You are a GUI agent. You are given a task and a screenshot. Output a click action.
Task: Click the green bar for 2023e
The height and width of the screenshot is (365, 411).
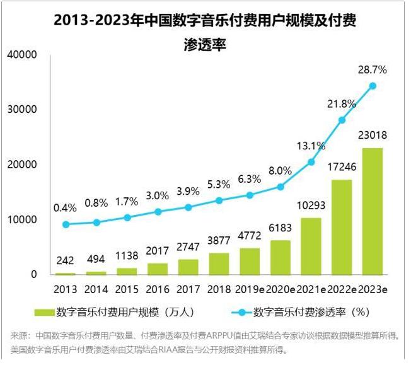(x=373, y=211)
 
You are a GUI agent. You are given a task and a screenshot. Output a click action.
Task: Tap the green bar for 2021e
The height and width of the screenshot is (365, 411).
(x=311, y=246)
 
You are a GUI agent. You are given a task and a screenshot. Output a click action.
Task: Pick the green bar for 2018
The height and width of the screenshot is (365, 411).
(x=219, y=264)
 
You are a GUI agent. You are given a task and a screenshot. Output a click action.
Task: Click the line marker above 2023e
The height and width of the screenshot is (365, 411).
(x=373, y=86)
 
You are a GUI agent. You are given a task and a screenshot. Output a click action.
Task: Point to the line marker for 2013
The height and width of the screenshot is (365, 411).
(x=66, y=224)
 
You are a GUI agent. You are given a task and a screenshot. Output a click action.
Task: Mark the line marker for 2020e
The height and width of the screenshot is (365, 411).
(x=281, y=187)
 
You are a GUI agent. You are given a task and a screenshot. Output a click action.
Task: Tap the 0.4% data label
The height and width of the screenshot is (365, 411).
(x=66, y=207)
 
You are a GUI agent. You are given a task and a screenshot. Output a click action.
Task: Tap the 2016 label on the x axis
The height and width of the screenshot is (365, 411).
(x=158, y=289)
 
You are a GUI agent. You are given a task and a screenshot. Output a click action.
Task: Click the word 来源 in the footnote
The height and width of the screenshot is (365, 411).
(x=20, y=335)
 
